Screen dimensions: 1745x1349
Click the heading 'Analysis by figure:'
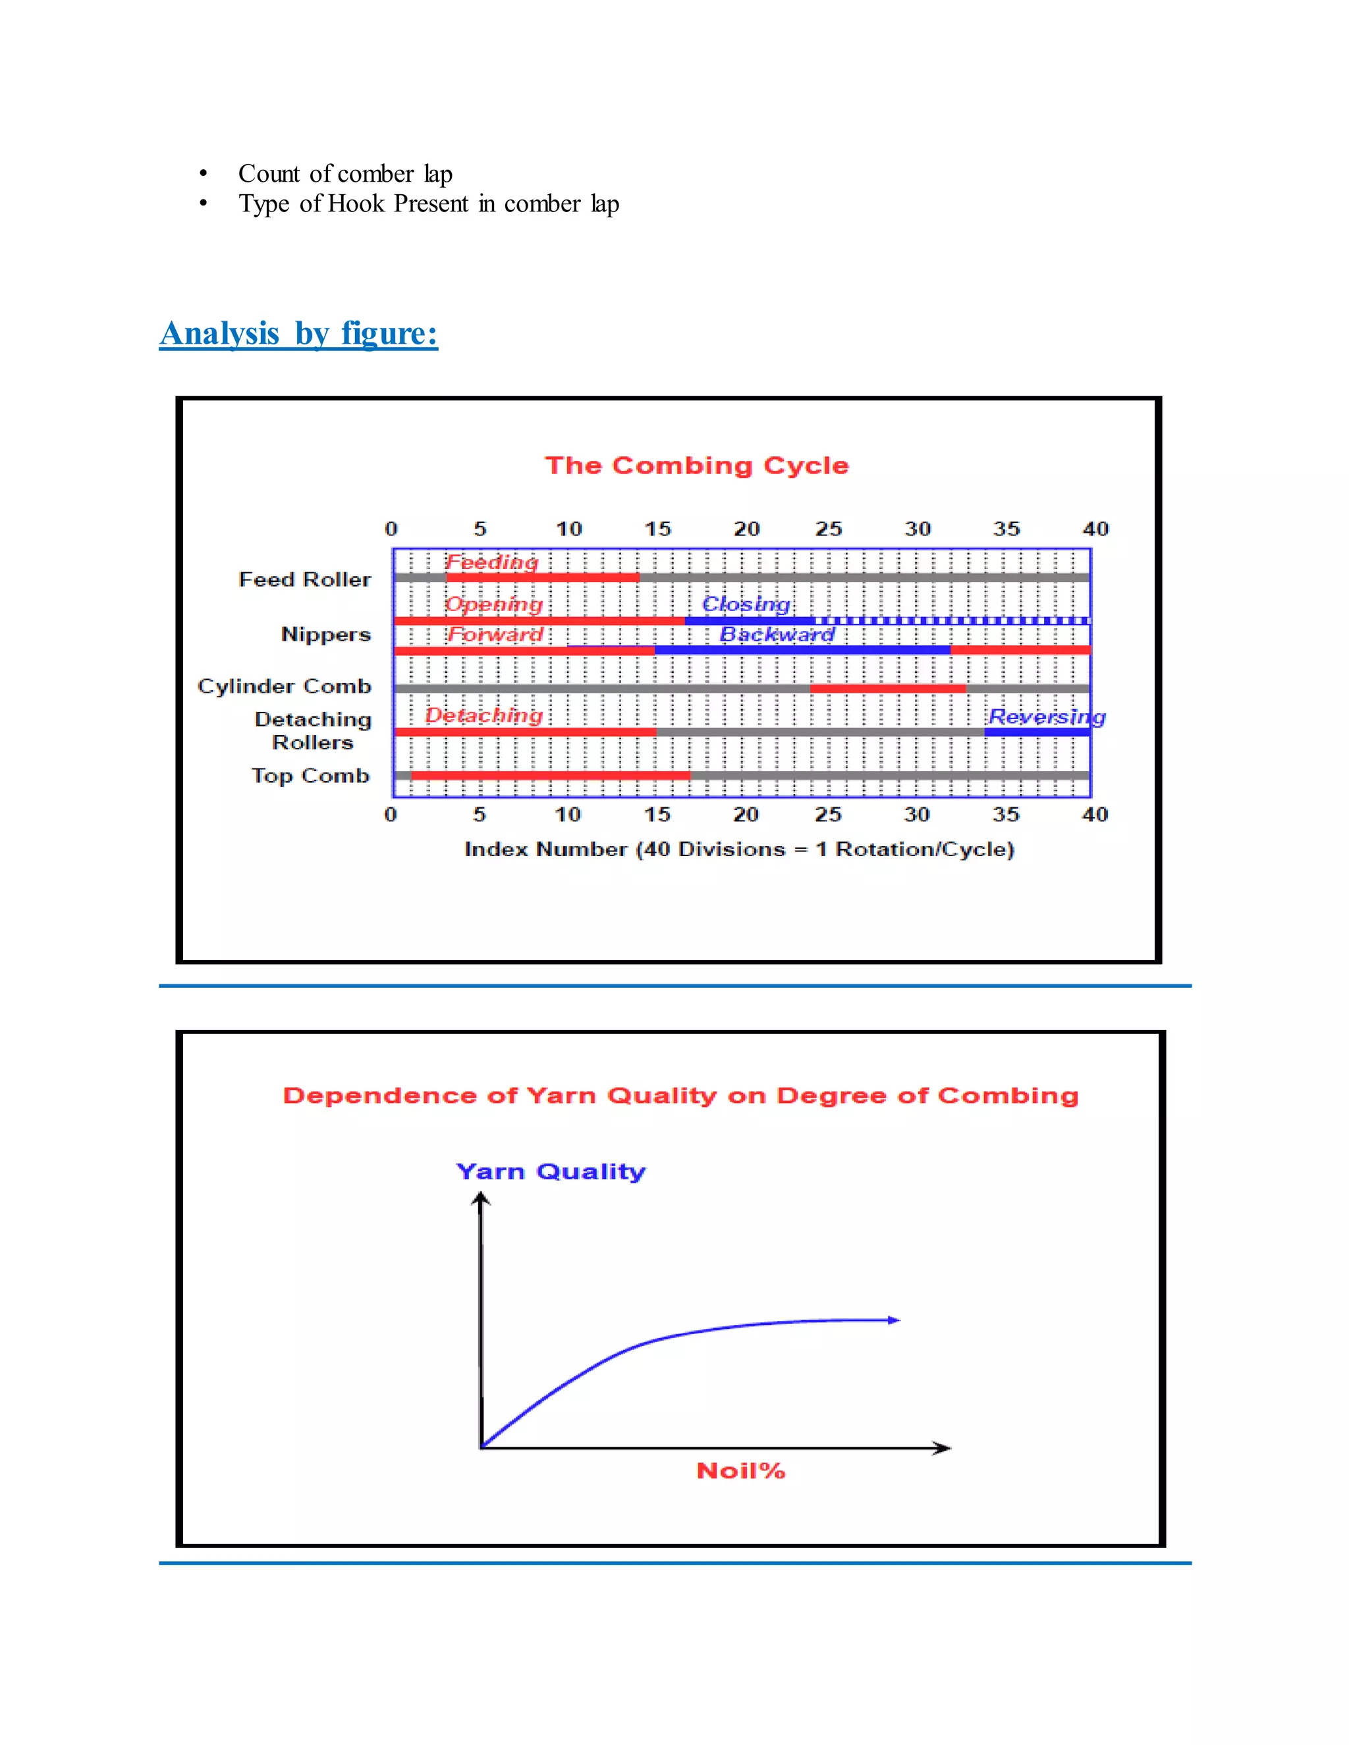[298, 333]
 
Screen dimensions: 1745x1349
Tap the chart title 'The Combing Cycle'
[696, 465]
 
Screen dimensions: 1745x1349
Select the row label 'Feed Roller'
[304, 579]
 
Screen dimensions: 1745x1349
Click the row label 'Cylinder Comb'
[285, 686]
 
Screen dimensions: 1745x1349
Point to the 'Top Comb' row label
[310, 776]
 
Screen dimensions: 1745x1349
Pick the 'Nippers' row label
[325, 634]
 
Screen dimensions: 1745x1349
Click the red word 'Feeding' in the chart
[491, 562]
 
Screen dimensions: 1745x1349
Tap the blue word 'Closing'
[746, 604]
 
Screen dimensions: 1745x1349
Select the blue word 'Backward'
[777, 634]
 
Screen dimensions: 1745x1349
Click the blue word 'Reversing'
[1046, 716]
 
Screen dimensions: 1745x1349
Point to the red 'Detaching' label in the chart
[483, 715]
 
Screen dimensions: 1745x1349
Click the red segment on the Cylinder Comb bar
[887, 689]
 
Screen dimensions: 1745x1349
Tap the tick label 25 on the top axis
[828, 529]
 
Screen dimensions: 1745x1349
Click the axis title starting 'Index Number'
[739, 849]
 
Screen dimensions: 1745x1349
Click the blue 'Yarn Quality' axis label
[551, 1171]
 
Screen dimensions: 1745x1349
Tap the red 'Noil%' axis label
[741, 1471]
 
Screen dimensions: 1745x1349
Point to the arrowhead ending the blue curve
[895, 1320]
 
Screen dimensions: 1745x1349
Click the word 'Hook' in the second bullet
[356, 203]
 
